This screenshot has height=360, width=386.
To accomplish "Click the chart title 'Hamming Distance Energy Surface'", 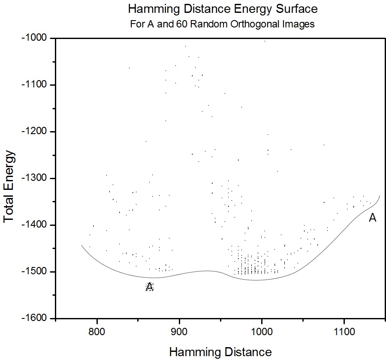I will pos(223,9).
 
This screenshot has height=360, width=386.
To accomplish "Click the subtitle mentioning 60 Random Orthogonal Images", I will pos(223,24).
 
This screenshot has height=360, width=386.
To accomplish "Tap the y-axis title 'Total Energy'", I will pos(9,186).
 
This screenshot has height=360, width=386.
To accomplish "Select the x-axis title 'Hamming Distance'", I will pos(220,352).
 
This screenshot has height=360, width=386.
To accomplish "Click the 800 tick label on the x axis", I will pos(97,332).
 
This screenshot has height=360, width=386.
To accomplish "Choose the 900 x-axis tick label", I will pos(179,332).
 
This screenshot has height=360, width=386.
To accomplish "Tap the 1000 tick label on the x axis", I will pos(262,332).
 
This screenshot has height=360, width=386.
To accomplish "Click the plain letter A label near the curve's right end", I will pos(373,218).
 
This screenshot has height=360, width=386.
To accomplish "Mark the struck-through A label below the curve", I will pos(150,287).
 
